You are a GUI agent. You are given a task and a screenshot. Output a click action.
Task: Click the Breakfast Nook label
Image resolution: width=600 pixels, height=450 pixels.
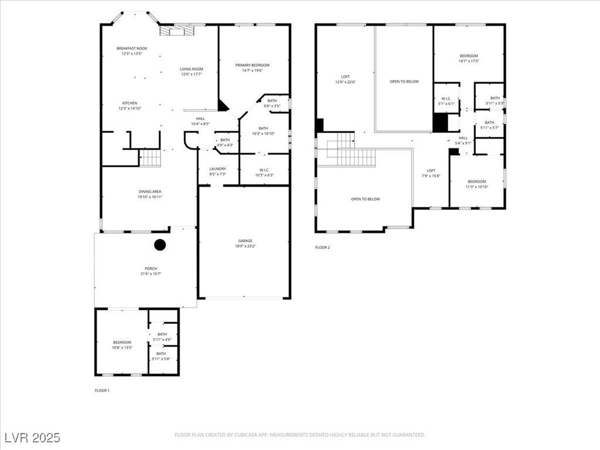coord(132,51)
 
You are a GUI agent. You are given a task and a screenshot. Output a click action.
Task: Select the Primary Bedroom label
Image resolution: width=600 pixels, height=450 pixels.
coord(253,67)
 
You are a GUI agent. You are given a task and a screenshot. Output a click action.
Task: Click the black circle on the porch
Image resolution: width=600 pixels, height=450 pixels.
coord(160,245)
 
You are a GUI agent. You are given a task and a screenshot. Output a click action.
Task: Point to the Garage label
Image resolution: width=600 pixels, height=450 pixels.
coord(245,243)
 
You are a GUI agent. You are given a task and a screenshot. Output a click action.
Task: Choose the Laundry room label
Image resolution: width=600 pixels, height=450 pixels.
coord(217,171)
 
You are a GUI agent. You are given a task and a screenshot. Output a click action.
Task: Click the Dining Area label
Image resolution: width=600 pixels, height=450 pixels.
coord(149,194)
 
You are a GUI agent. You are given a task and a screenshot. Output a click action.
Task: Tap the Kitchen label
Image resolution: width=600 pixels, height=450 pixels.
coord(129,105)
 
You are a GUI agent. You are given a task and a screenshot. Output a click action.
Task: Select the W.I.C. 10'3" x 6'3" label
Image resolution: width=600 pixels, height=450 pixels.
coord(264,172)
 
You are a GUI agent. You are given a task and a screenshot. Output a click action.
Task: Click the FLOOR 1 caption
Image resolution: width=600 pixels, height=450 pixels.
coord(102,390)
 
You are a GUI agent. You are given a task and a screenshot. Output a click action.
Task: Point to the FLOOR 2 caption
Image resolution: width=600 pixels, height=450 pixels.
coord(322,247)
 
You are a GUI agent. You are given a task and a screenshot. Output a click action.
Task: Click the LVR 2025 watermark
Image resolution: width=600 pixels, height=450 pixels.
coord(32,438)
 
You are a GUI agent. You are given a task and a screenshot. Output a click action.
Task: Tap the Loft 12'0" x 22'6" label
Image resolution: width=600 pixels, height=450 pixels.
coord(346,79)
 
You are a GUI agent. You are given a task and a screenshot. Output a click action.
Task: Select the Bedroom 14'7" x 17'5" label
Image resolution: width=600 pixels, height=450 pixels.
coord(469,58)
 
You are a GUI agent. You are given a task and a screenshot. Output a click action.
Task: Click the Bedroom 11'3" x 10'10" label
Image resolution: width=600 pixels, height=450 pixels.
coord(476,184)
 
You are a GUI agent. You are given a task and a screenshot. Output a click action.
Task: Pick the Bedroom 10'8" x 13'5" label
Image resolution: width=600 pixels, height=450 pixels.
coord(122,345)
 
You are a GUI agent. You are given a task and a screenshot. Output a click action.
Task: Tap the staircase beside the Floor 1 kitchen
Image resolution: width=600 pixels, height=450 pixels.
coord(150,158)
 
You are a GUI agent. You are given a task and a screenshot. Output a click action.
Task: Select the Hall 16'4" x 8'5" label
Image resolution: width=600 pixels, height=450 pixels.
coord(200,121)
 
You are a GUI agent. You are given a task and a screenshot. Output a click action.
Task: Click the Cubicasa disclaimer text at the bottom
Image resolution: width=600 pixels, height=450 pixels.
coord(299,435)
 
